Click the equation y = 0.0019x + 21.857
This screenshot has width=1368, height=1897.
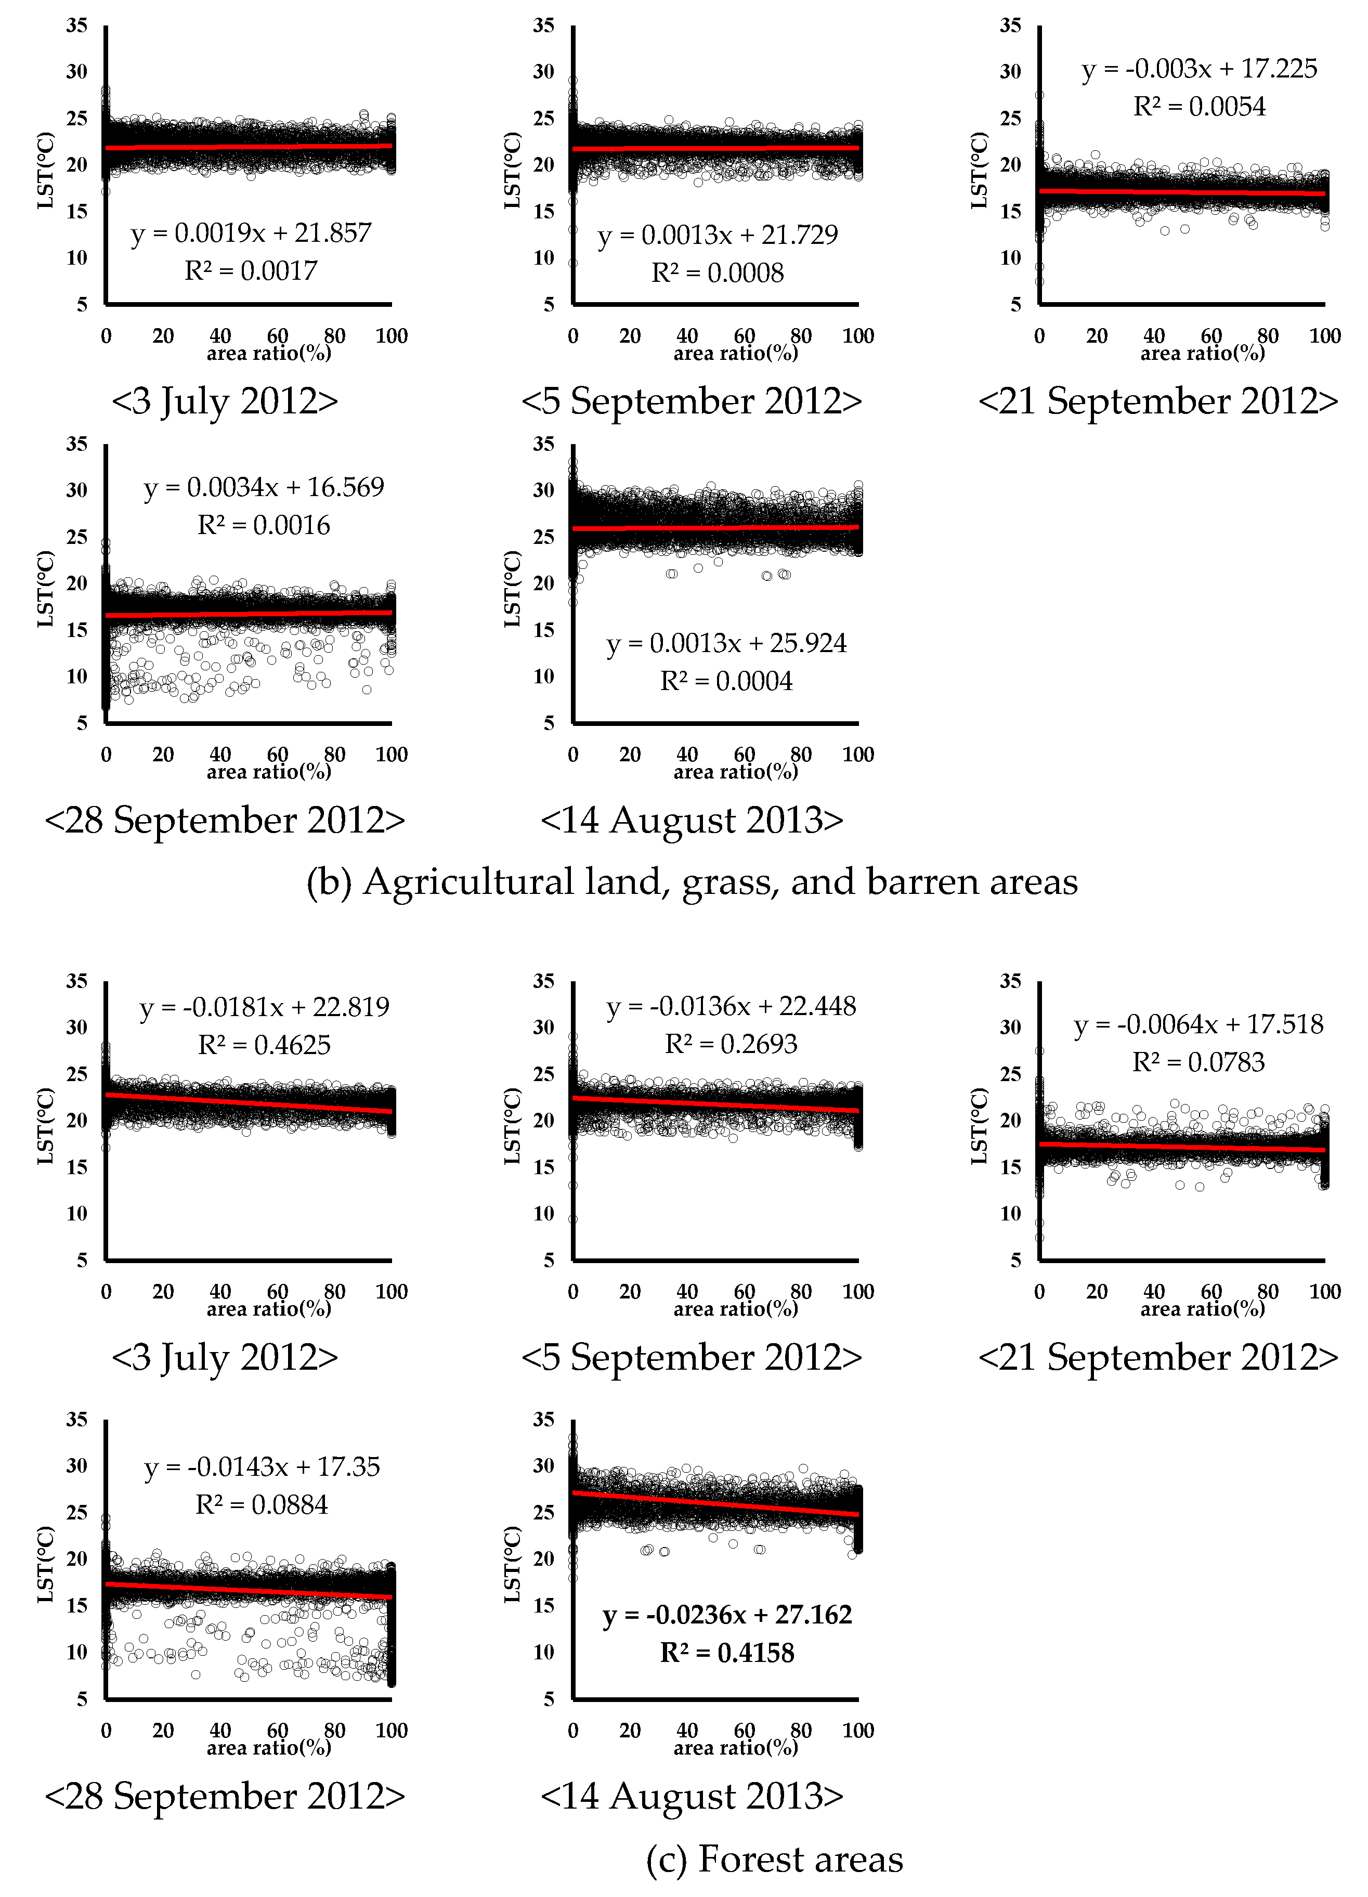251,233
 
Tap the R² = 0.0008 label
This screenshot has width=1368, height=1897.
718,272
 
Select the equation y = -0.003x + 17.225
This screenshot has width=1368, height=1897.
1199,69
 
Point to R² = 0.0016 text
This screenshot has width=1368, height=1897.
264,525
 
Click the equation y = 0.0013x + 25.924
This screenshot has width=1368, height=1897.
726,643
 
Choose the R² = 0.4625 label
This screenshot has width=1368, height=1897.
264,1045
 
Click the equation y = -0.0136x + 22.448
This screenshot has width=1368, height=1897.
731,1006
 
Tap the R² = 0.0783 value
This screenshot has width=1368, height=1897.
1198,1062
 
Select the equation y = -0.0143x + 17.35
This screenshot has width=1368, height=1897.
262,1466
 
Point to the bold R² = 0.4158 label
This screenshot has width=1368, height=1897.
727,1653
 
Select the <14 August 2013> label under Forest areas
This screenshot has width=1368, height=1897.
692,1796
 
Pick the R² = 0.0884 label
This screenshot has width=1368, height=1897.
262,1505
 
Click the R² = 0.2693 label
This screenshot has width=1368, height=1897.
731,1044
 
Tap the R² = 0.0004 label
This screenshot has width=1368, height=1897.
726,681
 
